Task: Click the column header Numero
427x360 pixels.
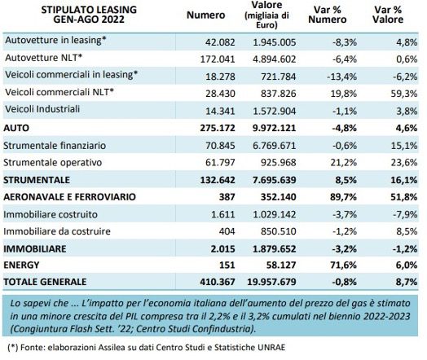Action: click(x=205, y=15)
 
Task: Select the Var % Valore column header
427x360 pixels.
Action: click(x=388, y=15)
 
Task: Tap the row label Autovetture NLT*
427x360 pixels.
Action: click(x=43, y=58)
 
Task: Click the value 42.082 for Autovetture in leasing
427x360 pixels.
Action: click(x=220, y=42)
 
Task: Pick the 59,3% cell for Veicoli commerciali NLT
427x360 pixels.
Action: click(x=404, y=94)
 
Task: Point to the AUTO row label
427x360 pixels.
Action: click(x=16, y=128)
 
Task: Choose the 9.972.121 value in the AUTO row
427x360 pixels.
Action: click(x=274, y=128)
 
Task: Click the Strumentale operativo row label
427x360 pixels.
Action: click(x=52, y=163)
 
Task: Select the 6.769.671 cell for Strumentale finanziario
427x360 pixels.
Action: click(x=274, y=146)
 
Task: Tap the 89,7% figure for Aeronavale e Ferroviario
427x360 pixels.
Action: click(x=343, y=197)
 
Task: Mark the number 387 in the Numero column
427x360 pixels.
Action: click(x=227, y=197)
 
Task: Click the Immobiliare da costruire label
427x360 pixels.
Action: click(x=57, y=231)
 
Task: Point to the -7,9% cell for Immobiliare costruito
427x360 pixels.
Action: click(x=405, y=214)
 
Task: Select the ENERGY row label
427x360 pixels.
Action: click(x=21, y=265)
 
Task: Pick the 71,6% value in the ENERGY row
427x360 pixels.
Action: click(x=343, y=265)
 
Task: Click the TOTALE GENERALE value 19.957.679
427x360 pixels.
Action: click(x=271, y=282)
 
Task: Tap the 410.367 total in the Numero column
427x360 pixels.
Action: click(x=218, y=282)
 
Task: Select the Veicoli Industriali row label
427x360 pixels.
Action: click(x=42, y=109)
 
